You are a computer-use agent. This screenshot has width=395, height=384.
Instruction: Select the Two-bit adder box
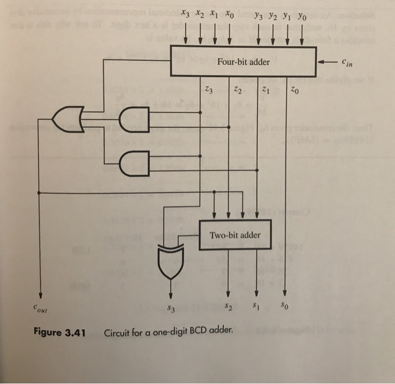pos(235,235)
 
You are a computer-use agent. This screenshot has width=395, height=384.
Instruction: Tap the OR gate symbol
pos(67,118)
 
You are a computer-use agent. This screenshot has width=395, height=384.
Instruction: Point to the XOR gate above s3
pos(170,261)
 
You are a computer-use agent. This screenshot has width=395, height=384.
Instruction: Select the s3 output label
pos(171,308)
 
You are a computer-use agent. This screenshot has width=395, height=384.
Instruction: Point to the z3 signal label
pos(209,88)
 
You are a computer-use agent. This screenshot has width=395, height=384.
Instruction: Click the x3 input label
pos(187,14)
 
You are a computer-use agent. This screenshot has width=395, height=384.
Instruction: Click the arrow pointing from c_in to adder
pos(328,61)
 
